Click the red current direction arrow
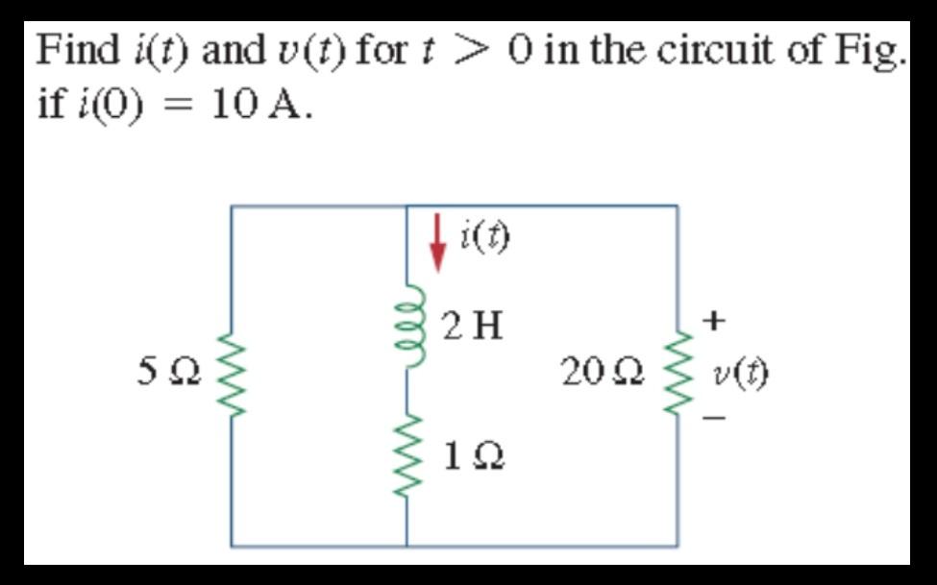[438, 244]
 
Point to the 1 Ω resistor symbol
[407, 452]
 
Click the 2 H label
[473, 328]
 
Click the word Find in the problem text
[72, 49]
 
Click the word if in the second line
[49, 104]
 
